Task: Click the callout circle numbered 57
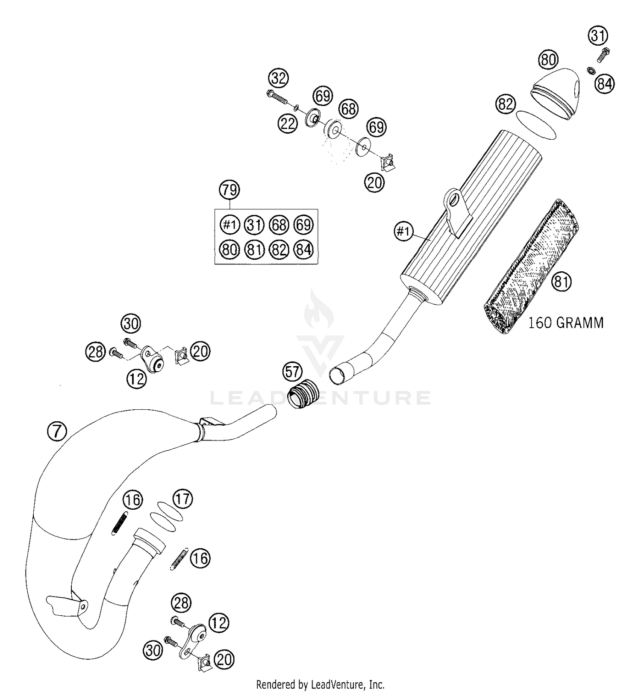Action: (293, 371)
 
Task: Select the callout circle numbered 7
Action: (57, 431)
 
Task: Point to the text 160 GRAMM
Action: (566, 323)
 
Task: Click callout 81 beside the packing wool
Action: (562, 282)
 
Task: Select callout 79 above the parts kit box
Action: (229, 189)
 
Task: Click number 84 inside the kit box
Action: (303, 249)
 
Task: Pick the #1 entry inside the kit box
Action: (230, 225)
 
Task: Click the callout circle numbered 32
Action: (278, 79)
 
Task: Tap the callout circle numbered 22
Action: (288, 123)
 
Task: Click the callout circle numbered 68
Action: (349, 109)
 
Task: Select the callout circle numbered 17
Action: (182, 499)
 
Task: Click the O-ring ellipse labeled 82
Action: (536, 124)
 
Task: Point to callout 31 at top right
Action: (598, 35)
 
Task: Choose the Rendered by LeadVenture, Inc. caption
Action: (320, 684)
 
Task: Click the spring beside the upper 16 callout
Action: (120, 523)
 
